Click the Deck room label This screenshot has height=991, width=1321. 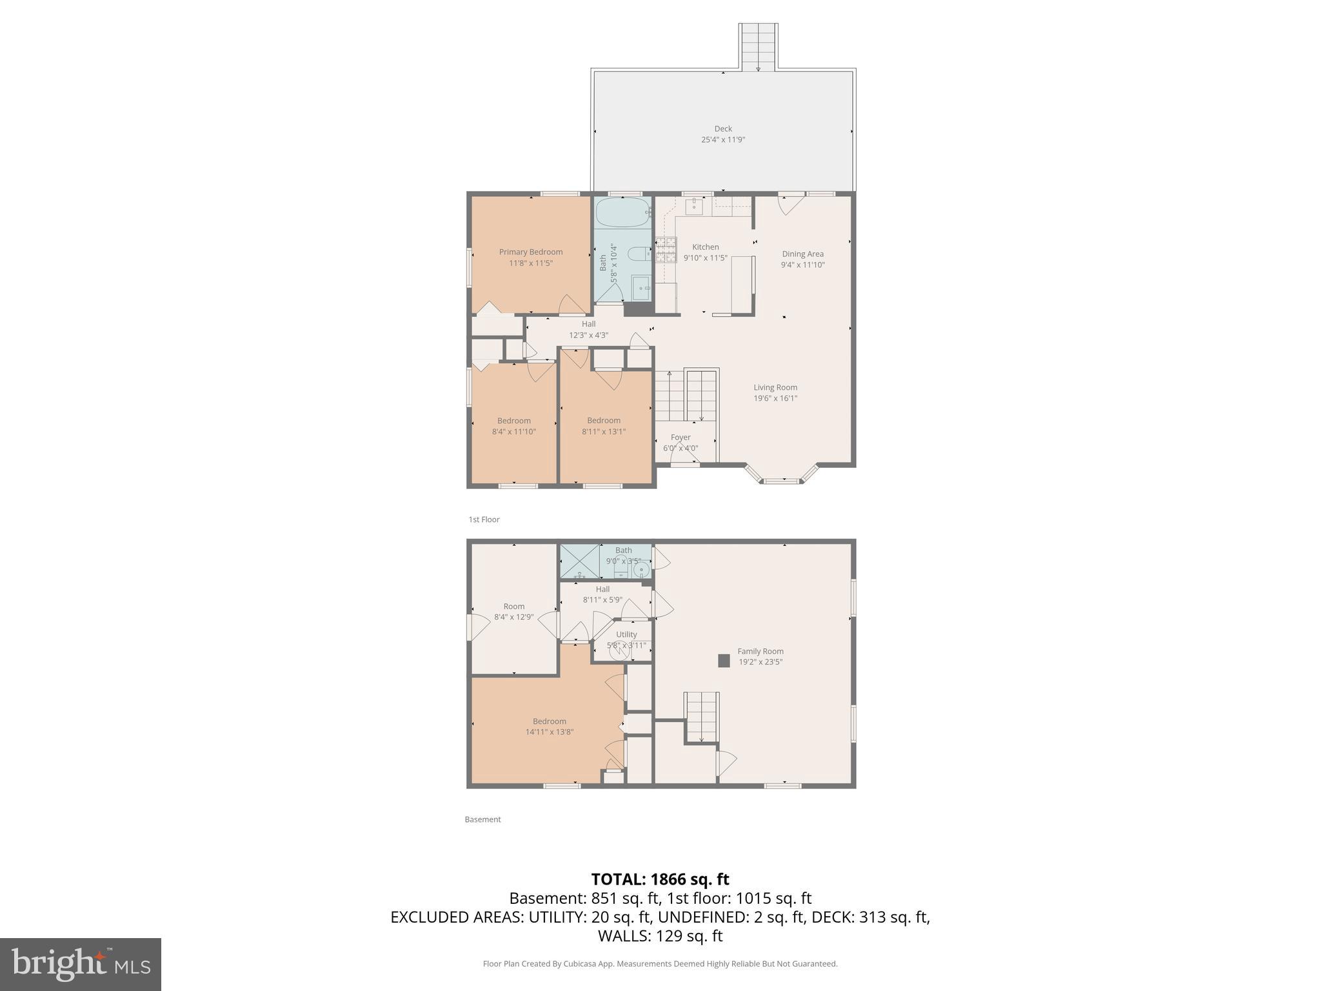tap(722, 129)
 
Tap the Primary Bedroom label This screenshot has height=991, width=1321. tap(530, 252)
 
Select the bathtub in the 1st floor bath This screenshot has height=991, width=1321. tap(622, 212)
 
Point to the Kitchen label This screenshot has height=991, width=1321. tap(705, 247)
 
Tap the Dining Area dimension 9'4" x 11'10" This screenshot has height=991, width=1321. tap(802, 265)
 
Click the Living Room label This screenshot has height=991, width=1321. tap(775, 388)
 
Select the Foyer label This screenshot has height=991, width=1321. tap(680, 437)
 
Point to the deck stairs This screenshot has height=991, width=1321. tap(758, 46)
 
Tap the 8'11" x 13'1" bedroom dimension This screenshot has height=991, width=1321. tap(604, 432)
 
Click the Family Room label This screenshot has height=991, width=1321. tap(760, 652)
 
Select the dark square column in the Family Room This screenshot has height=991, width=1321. tap(724, 661)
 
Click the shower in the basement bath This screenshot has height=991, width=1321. tap(579, 561)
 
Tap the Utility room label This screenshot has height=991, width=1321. tap(626, 635)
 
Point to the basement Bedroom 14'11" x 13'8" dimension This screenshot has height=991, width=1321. tap(549, 732)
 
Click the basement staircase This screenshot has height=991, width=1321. tap(701, 716)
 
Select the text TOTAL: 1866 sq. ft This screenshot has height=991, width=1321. tap(660, 879)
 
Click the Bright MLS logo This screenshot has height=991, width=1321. tap(81, 964)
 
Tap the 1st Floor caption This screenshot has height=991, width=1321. tap(484, 519)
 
